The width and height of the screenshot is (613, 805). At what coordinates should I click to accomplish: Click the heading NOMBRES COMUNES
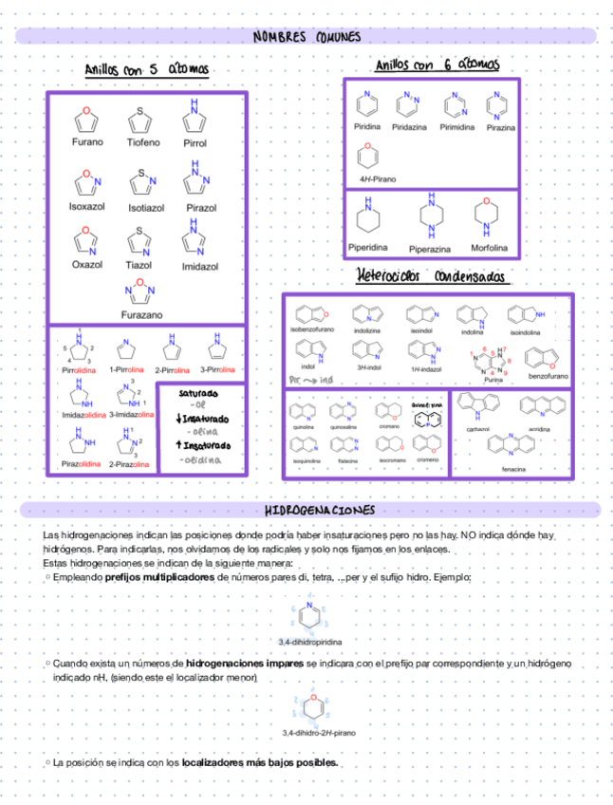coord(306,36)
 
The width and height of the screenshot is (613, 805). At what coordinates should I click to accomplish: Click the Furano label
coord(88,141)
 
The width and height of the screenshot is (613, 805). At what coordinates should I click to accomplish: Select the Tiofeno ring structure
coord(140,121)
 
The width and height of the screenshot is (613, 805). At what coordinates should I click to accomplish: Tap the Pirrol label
coord(195,143)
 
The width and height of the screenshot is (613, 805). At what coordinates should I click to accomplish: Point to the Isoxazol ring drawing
coord(86,178)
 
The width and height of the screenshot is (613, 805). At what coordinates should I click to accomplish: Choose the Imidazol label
coord(200,267)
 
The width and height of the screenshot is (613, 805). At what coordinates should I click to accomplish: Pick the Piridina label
coord(367,126)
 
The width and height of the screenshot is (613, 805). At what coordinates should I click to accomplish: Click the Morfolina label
coord(489,248)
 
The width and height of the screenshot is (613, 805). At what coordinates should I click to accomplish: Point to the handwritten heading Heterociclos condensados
coord(433,276)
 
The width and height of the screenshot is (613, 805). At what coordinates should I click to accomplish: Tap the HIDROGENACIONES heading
coord(306,511)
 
